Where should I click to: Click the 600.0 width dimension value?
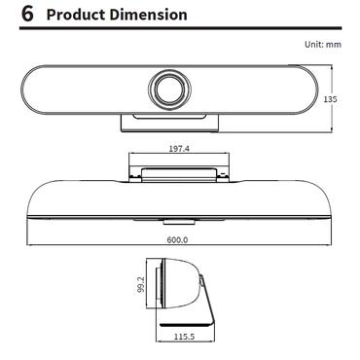tap(178, 239)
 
